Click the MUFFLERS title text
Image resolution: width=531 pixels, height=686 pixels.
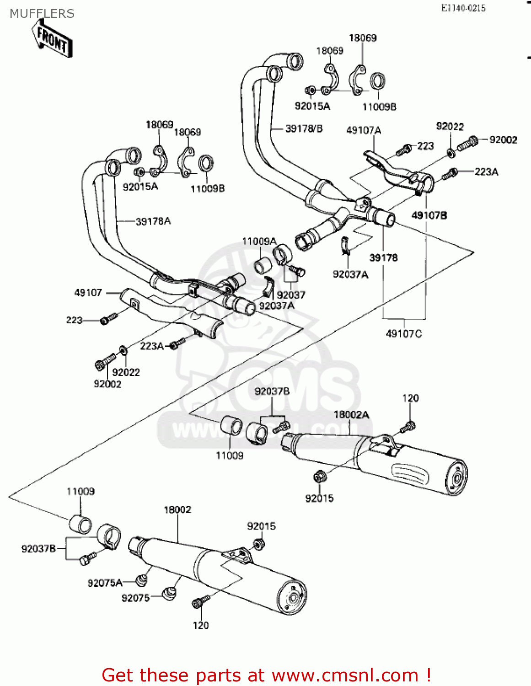click(42, 14)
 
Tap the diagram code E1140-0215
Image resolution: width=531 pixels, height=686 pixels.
click(463, 8)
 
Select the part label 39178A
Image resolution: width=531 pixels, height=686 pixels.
click(153, 222)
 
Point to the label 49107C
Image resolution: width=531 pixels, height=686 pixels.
click(404, 334)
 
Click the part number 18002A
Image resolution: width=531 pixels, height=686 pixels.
click(351, 415)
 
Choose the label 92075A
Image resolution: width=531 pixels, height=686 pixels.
click(105, 583)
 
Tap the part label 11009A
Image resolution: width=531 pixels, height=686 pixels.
click(259, 241)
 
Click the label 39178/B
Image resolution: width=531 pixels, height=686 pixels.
click(304, 129)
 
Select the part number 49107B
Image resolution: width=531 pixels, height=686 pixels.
click(429, 215)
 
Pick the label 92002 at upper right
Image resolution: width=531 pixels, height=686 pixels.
click(503, 140)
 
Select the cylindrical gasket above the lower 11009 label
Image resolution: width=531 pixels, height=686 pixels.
click(80, 524)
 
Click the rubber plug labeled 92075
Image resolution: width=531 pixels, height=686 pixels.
click(170, 594)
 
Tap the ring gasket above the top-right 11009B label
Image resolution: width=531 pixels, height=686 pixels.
click(377, 82)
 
